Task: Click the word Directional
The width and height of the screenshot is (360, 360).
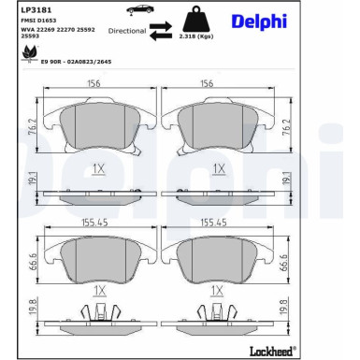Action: tap(126, 31)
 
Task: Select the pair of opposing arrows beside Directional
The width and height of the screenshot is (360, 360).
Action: tap(162, 31)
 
